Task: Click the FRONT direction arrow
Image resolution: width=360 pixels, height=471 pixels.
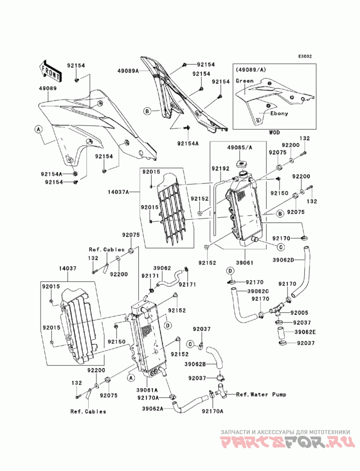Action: tap(50, 71)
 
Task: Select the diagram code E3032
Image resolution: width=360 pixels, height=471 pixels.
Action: tap(305, 56)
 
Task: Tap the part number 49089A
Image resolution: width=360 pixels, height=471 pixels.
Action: tap(128, 71)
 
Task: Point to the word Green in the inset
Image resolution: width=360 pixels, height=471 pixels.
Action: tap(245, 81)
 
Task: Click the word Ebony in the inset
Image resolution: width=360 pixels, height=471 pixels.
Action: tap(279, 113)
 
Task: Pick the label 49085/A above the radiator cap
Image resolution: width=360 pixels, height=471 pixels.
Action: tap(239, 148)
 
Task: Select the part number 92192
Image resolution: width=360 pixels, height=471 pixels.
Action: tap(220, 169)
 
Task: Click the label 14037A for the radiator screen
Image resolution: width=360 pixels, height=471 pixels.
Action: tap(118, 191)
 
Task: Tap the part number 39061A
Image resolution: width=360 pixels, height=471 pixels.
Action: tap(147, 390)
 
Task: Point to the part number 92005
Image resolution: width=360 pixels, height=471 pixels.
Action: tap(299, 312)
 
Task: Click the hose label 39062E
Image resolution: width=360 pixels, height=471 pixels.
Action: tap(305, 332)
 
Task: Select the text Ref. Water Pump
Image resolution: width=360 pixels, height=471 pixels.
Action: tap(261, 395)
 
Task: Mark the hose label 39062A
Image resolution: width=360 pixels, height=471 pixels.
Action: tap(153, 408)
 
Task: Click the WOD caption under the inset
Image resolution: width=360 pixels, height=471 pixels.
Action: tap(274, 132)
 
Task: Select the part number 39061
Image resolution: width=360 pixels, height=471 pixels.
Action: tap(244, 263)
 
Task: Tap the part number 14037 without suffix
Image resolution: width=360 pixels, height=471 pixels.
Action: tap(67, 268)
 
